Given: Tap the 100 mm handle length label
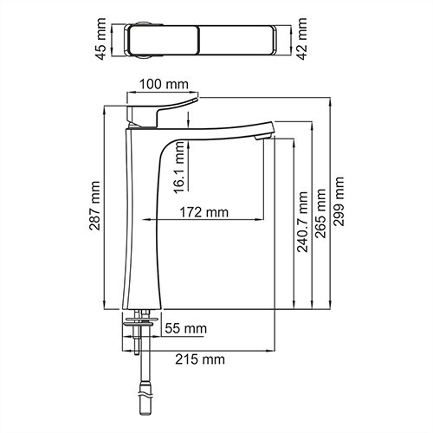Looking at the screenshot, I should [x=164, y=84].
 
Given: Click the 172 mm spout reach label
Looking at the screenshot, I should [x=204, y=212].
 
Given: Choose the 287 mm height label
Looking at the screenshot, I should [x=94, y=208].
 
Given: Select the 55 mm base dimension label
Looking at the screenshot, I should [x=184, y=328].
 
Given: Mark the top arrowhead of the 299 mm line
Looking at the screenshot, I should [x=331, y=100].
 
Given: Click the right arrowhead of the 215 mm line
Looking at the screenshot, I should [x=273, y=350].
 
